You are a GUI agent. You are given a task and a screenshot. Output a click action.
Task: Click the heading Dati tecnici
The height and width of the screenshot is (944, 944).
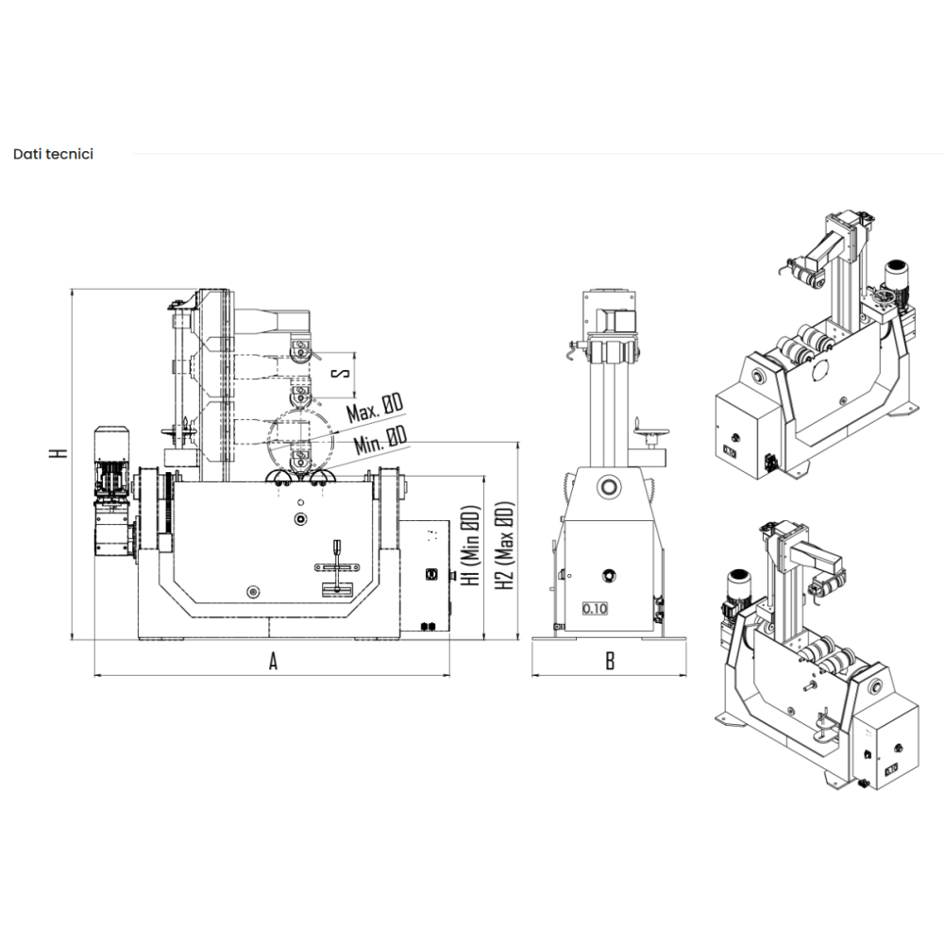pos(53,154)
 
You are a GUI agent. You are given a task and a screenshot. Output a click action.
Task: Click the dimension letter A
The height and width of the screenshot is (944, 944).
pos(273,662)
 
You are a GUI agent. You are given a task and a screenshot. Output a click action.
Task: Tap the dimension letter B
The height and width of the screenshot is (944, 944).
pos(610,662)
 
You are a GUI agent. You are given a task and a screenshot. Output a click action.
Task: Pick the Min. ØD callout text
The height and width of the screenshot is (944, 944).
pos(380,440)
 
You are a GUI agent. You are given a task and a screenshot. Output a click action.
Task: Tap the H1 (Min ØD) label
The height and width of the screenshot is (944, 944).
pos(470,546)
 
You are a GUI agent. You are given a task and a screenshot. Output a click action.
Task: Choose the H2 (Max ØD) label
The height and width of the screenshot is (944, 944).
pos(504,546)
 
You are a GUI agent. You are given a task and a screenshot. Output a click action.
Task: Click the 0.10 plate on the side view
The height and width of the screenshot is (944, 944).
pos(595,608)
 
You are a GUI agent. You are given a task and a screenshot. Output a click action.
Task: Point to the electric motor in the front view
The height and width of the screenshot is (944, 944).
pos(112,492)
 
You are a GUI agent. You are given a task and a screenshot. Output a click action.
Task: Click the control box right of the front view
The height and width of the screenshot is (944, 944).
pos(425,576)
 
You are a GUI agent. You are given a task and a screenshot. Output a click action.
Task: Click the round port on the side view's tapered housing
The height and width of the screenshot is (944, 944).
pos(609,486)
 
